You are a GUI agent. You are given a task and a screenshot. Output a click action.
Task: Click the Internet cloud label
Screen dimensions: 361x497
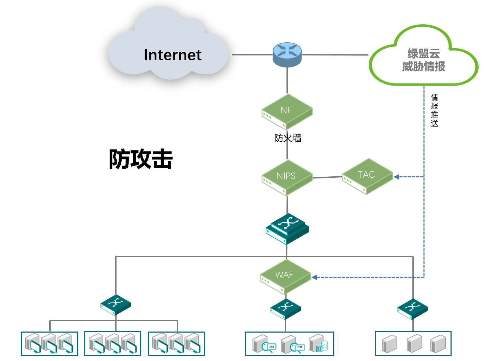172,55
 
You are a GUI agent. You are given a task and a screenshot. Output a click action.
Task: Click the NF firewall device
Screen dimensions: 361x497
287,111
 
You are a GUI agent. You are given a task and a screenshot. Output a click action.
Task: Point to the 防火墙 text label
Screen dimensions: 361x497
288,138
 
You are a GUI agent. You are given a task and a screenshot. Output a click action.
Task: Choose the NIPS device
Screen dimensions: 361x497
287,177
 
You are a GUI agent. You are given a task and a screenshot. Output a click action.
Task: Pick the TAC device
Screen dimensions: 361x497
367,176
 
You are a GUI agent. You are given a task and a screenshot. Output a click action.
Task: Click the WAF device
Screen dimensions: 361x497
285,276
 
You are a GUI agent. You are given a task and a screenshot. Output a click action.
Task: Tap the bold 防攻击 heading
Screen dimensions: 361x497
141,159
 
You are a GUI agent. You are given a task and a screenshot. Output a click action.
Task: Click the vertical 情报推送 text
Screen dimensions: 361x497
434,111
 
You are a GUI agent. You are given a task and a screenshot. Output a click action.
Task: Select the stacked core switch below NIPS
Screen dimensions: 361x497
287,228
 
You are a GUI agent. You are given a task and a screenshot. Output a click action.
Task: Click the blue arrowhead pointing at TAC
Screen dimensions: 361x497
396,177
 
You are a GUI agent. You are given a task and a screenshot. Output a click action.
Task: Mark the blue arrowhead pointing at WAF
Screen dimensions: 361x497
314,277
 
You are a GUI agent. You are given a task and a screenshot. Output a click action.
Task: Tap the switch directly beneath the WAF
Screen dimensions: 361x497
285,308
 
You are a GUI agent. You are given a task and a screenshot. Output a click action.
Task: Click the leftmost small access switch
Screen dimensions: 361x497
115,305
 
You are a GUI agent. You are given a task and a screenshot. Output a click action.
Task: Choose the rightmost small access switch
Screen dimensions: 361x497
412,308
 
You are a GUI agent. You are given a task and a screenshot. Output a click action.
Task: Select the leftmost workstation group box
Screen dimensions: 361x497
49,343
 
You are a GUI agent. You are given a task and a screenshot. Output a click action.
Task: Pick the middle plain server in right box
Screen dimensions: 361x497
414,343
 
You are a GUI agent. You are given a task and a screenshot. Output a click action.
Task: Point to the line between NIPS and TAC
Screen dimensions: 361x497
327,177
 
